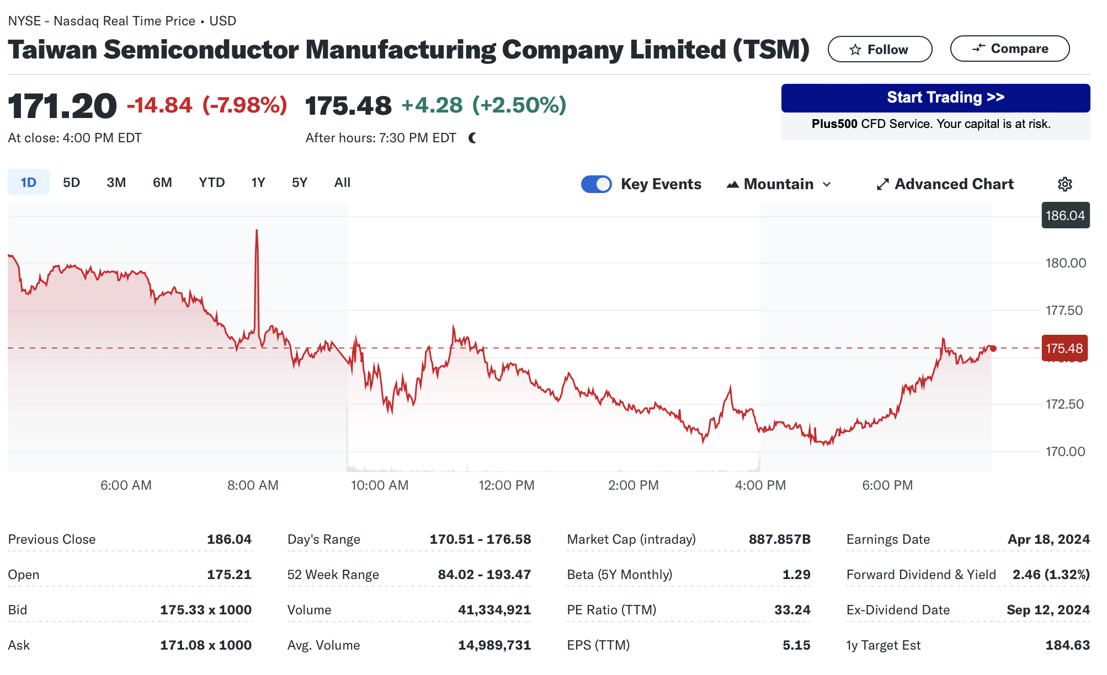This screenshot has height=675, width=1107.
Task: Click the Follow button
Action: point(880,50)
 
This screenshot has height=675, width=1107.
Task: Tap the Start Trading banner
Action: point(935,98)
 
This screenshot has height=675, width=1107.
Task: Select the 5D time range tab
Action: point(71,183)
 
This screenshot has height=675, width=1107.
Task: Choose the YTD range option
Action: point(211,183)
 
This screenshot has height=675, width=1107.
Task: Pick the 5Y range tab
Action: point(299,183)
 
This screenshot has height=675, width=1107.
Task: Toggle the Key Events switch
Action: point(596,184)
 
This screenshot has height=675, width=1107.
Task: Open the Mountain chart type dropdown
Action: point(779,184)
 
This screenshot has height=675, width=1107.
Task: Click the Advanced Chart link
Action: point(945,184)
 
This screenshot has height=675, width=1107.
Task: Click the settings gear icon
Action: point(1065,184)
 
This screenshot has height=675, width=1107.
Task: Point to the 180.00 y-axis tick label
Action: point(1066,263)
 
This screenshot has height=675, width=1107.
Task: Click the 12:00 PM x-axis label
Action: point(506,485)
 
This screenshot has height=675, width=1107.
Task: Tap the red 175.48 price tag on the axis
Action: point(1064,349)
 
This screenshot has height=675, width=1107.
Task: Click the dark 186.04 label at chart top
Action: point(1065,216)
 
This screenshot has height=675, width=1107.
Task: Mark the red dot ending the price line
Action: point(993,349)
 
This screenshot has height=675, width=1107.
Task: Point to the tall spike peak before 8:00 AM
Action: point(257,231)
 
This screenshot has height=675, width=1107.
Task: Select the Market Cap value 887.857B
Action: point(779,539)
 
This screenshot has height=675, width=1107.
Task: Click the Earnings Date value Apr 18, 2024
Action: point(1048,539)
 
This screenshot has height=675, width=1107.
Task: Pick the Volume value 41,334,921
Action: point(494,610)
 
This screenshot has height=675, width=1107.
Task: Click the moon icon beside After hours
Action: point(472,138)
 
